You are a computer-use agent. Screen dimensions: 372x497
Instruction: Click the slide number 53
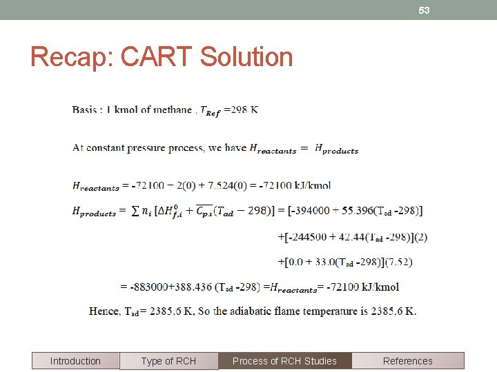(x=424, y=10)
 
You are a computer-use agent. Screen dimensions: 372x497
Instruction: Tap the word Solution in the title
(x=246, y=57)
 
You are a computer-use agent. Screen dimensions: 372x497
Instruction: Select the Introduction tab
(x=75, y=361)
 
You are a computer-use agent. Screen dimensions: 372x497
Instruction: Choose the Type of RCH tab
(x=168, y=361)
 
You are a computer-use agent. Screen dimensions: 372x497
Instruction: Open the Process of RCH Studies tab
(x=284, y=361)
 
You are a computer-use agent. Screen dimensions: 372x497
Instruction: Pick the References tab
(x=407, y=361)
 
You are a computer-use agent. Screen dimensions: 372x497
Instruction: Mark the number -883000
(x=148, y=287)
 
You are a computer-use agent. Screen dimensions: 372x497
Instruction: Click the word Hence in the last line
(x=104, y=311)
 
